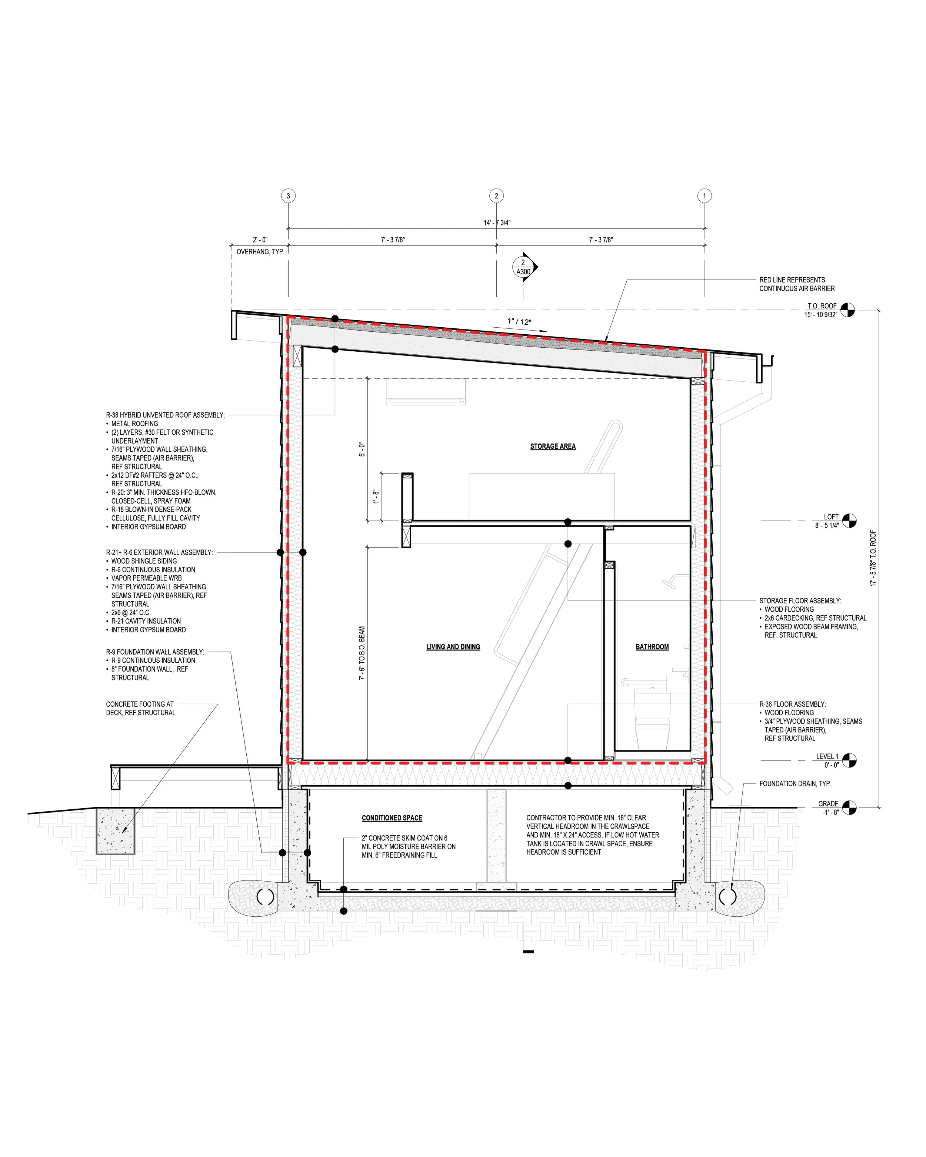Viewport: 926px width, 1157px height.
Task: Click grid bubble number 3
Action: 288,196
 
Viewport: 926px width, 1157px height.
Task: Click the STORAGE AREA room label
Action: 553,447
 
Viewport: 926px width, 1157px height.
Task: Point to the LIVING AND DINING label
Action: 453,647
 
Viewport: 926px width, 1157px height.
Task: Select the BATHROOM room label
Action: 652,647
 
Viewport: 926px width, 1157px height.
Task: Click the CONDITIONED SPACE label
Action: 392,818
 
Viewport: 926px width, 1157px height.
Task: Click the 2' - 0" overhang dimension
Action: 260,240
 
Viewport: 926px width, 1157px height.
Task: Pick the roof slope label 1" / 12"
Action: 519,321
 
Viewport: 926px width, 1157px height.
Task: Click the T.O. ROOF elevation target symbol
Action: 847,310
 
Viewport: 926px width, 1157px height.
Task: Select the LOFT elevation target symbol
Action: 849,521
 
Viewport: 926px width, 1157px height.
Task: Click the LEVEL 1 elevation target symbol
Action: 849,760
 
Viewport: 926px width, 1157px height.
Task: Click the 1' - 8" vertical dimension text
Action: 376,496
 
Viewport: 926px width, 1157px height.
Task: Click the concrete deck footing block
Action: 116,831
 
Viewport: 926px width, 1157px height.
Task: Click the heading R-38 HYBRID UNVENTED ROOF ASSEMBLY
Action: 165,415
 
